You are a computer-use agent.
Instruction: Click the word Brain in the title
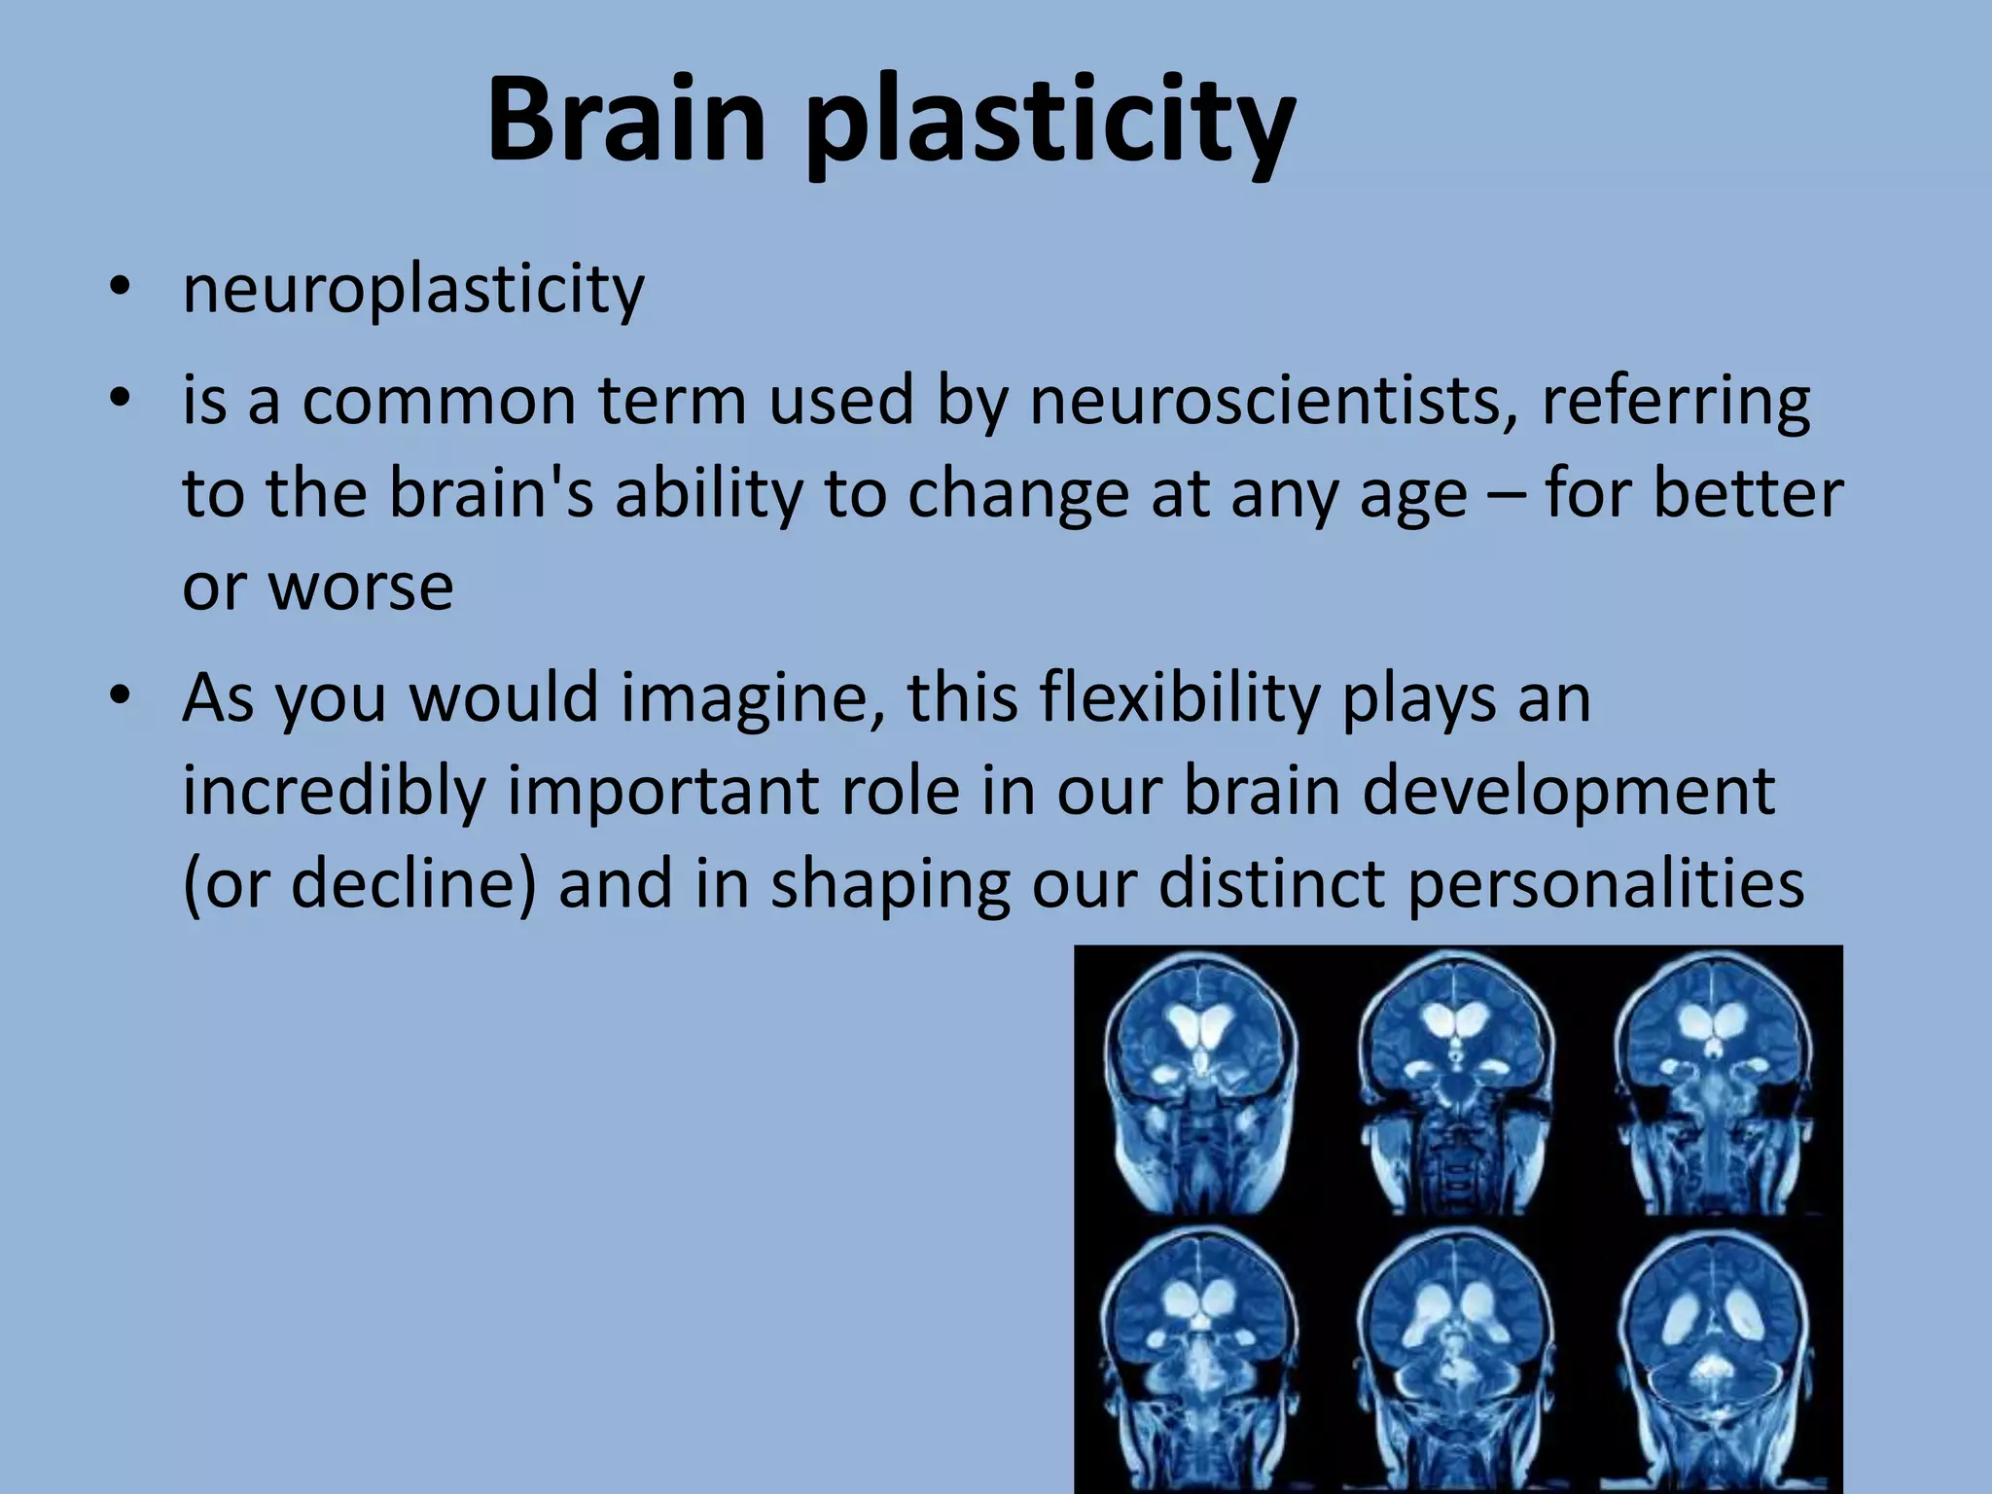pos(626,121)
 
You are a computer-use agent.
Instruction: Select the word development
pos(1568,793)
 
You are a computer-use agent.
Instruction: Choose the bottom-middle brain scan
pos(1455,1357)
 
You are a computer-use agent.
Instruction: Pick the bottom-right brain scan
pos(1712,1357)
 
